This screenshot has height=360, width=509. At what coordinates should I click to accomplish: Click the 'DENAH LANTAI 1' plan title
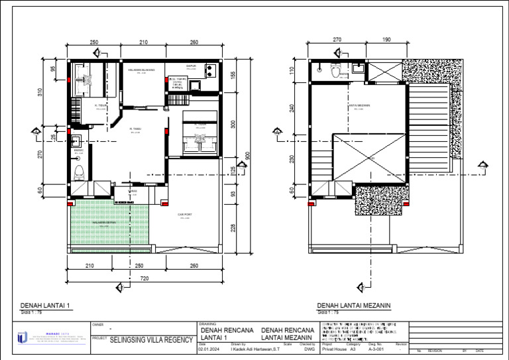coord(44,306)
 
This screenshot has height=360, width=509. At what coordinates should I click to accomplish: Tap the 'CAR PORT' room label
coord(185,215)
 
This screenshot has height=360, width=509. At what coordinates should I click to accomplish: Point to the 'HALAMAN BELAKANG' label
coord(141,70)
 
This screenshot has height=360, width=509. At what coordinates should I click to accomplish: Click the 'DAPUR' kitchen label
coord(191,66)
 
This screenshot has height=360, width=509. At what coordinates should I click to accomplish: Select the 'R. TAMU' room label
coord(135,129)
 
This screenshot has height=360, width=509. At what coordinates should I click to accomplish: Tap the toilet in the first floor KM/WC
coord(79,173)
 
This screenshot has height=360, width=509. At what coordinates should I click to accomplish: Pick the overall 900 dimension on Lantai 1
coord(247,155)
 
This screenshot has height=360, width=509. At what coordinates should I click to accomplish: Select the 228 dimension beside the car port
coord(233,227)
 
